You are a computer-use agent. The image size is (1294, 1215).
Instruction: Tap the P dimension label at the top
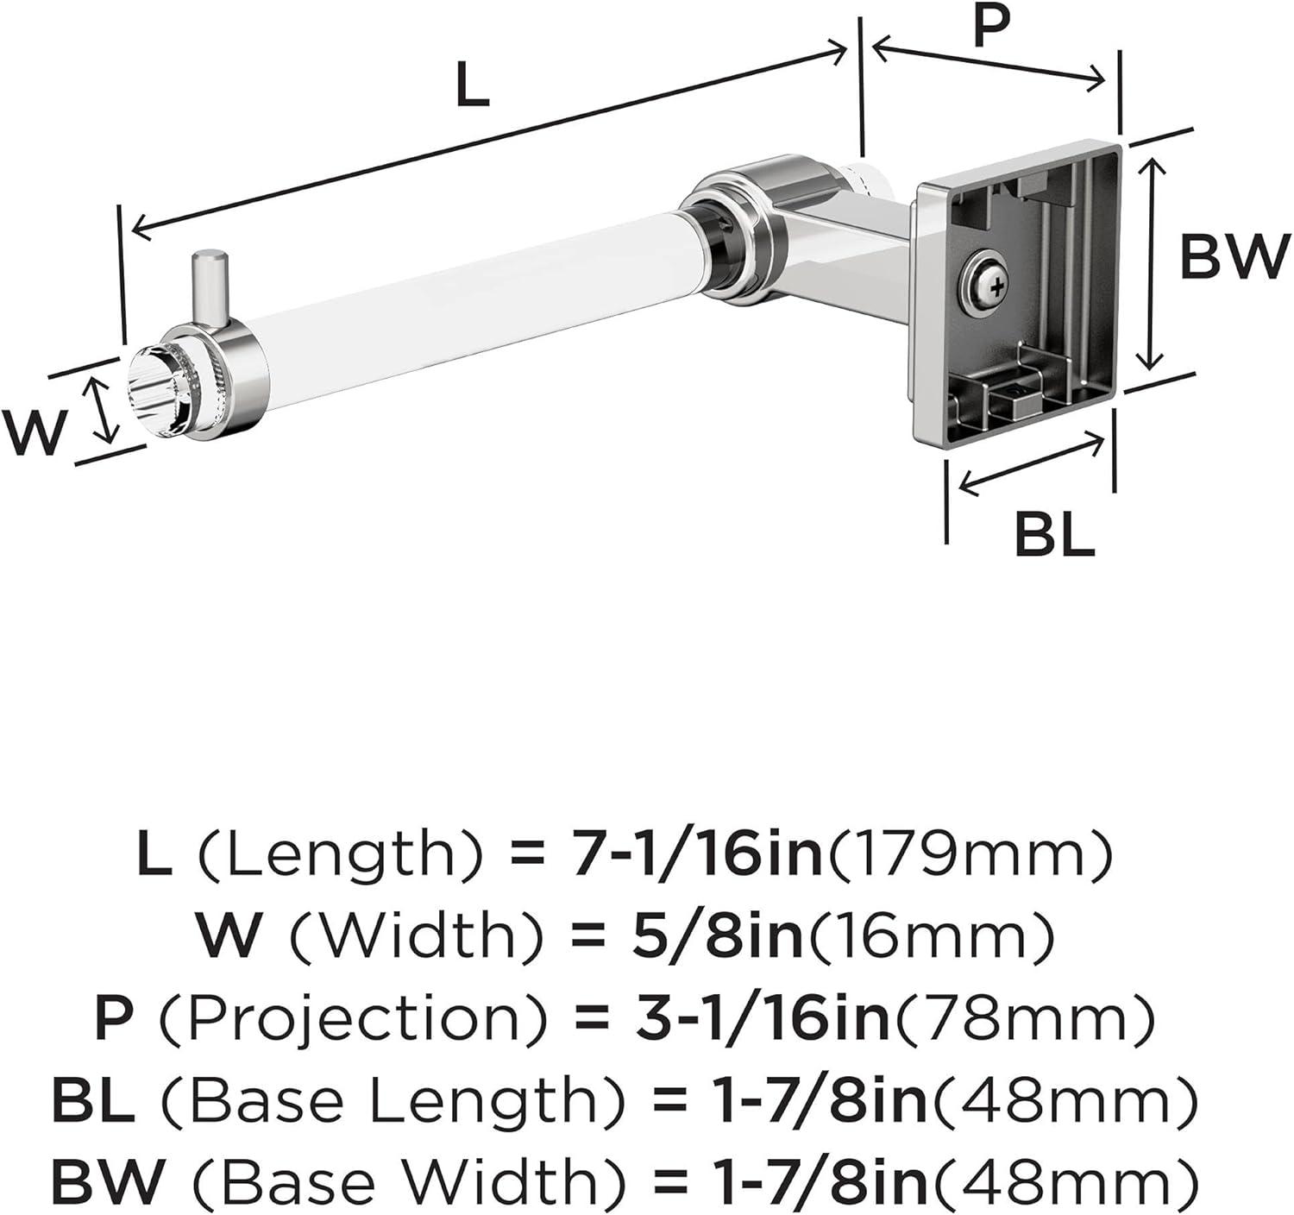coord(990,28)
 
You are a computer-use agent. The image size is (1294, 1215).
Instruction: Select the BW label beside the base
coord(1234,256)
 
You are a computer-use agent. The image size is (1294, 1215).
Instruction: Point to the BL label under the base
coord(1054,536)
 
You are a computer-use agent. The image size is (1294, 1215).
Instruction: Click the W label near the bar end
coord(35,431)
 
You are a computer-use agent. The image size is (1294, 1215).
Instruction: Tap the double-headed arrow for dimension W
coord(104,411)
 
